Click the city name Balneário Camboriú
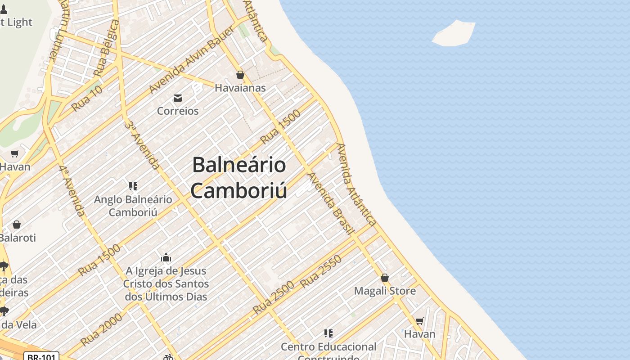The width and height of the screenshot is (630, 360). tap(239, 177)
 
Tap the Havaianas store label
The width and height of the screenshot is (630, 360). tap(240, 88)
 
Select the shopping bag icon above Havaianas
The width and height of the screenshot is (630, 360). tap(240, 75)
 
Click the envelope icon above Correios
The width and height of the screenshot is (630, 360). tap(178, 98)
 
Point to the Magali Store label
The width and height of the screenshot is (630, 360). tap(385, 291)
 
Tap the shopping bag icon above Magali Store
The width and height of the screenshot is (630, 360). tap(385, 278)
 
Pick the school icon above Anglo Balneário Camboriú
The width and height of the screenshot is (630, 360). tap(133, 186)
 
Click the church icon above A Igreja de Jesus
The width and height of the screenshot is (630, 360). tap(166, 257)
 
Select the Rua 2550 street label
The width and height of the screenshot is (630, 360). tap(321, 271)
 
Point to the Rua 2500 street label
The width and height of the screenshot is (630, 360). tap(273, 297)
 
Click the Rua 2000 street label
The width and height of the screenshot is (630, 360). tap(102, 329)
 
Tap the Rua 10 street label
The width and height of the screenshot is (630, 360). tap(87, 98)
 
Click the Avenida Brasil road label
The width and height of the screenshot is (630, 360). tap(331, 203)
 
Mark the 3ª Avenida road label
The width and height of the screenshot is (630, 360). tap(142, 144)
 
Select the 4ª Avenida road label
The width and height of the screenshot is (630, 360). tap(72, 190)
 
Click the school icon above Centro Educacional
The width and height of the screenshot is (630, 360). tap(328, 333)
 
